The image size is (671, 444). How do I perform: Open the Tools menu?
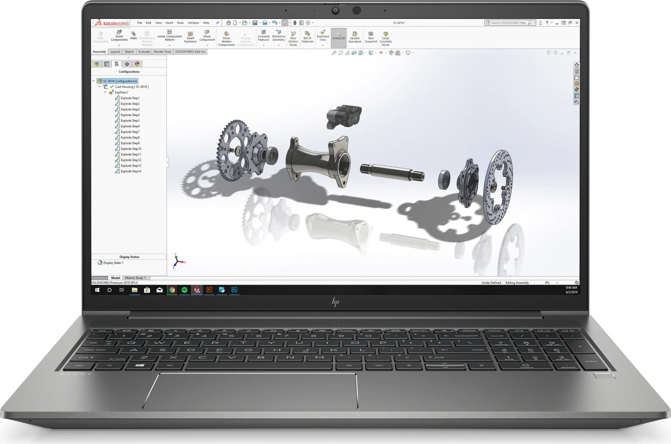pos(180,23)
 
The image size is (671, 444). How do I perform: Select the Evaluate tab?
pos(144,52)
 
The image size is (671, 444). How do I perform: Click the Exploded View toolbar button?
pos(323,38)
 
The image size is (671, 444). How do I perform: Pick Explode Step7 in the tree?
pos(130,132)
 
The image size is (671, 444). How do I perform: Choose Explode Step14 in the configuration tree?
pos(131,171)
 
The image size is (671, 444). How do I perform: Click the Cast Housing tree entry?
pos(132,87)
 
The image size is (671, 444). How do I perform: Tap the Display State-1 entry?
pos(113,263)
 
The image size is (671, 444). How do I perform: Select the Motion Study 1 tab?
pos(135,278)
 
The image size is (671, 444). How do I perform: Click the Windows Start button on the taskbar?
pos(97,290)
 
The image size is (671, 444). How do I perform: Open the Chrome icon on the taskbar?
pos(172,290)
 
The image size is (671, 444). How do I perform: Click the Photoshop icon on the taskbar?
pos(234,290)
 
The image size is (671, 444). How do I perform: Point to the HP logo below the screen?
pos(335,302)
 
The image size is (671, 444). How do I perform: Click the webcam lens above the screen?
pos(335,10)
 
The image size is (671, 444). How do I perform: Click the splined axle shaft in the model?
pos(392,171)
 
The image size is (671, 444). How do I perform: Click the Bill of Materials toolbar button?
pos(307,38)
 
